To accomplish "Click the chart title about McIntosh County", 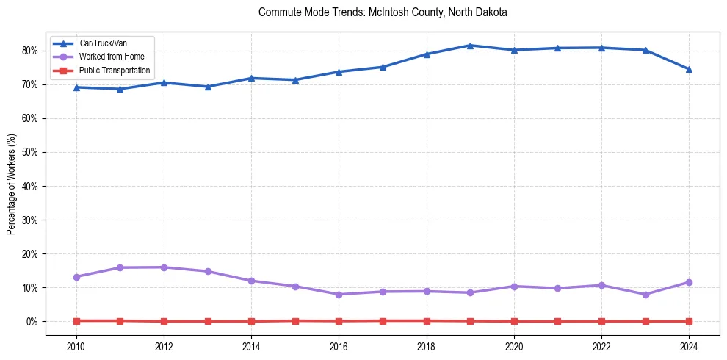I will (x=383, y=13).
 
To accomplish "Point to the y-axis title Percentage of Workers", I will (x=11, y=184).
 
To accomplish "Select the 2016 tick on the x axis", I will (x=339, y=345).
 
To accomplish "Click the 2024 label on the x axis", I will (x=689, y=345).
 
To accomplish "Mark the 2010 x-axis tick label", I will (x=76, y=345).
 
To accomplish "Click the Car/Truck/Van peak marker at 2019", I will (x=470, y=46).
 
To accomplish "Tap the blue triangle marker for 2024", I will (x=689, y=69).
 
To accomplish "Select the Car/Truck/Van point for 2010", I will (x=76, y=87).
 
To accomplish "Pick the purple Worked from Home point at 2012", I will (x=164, y=267).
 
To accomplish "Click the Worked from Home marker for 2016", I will (x=339, y=295).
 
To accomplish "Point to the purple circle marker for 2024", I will (x=689, y=282).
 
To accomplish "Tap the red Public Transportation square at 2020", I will (x=514, y=321).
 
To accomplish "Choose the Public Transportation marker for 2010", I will (x=76, y=320).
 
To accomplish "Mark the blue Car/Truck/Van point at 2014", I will (x=251, y=78).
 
